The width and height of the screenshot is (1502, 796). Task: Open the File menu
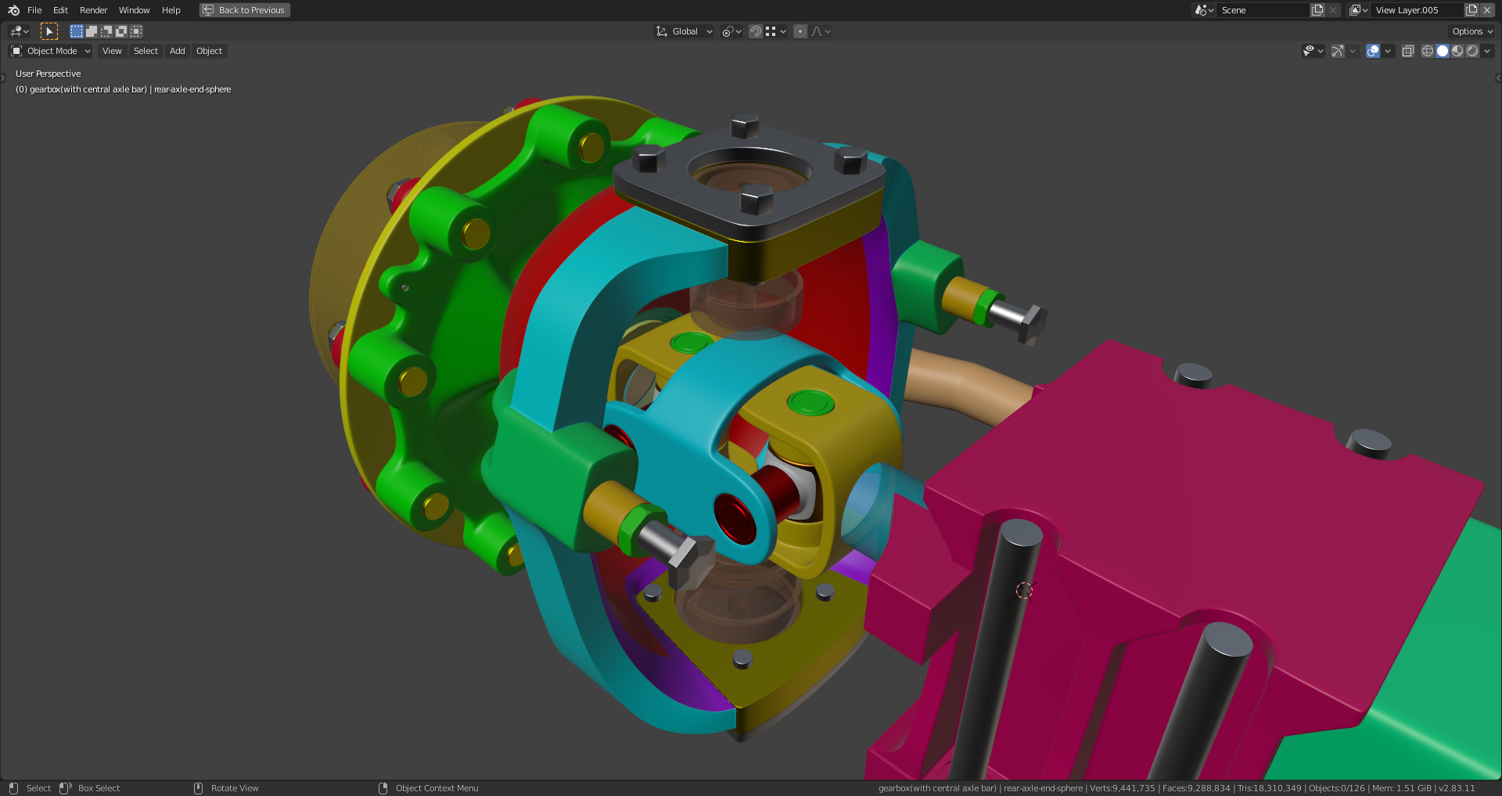pyautogui.click(x=34, y=10)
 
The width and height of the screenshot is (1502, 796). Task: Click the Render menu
pyautogui.click(x=93, y=10)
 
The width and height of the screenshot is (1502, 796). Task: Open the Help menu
pyautogui.click(x=171, y=10)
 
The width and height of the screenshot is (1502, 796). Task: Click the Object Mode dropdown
pyautogui.click(x=51, y=51)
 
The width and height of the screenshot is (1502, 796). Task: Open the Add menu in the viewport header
pyautogui.click(x=178, y=51)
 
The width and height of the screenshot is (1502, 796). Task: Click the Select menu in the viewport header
pyautogui.click(x=146, y=51)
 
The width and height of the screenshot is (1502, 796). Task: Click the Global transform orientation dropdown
pyautogui.click(x=684, y=31)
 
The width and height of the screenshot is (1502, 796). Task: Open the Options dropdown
pyautogui.click(x=1471, y=31)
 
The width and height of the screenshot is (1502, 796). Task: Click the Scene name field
pyautogui.click(x=1262, y=10)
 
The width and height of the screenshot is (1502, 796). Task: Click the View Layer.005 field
pyautogui.click(x=1417, y=10)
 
